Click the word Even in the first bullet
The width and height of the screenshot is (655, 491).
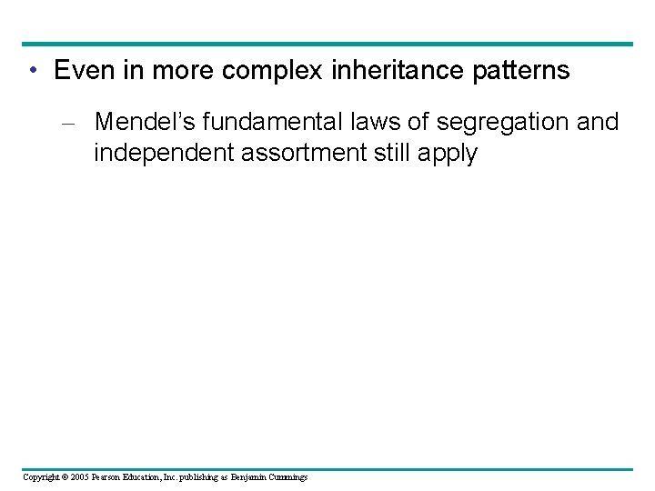click(x=82, y=71)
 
